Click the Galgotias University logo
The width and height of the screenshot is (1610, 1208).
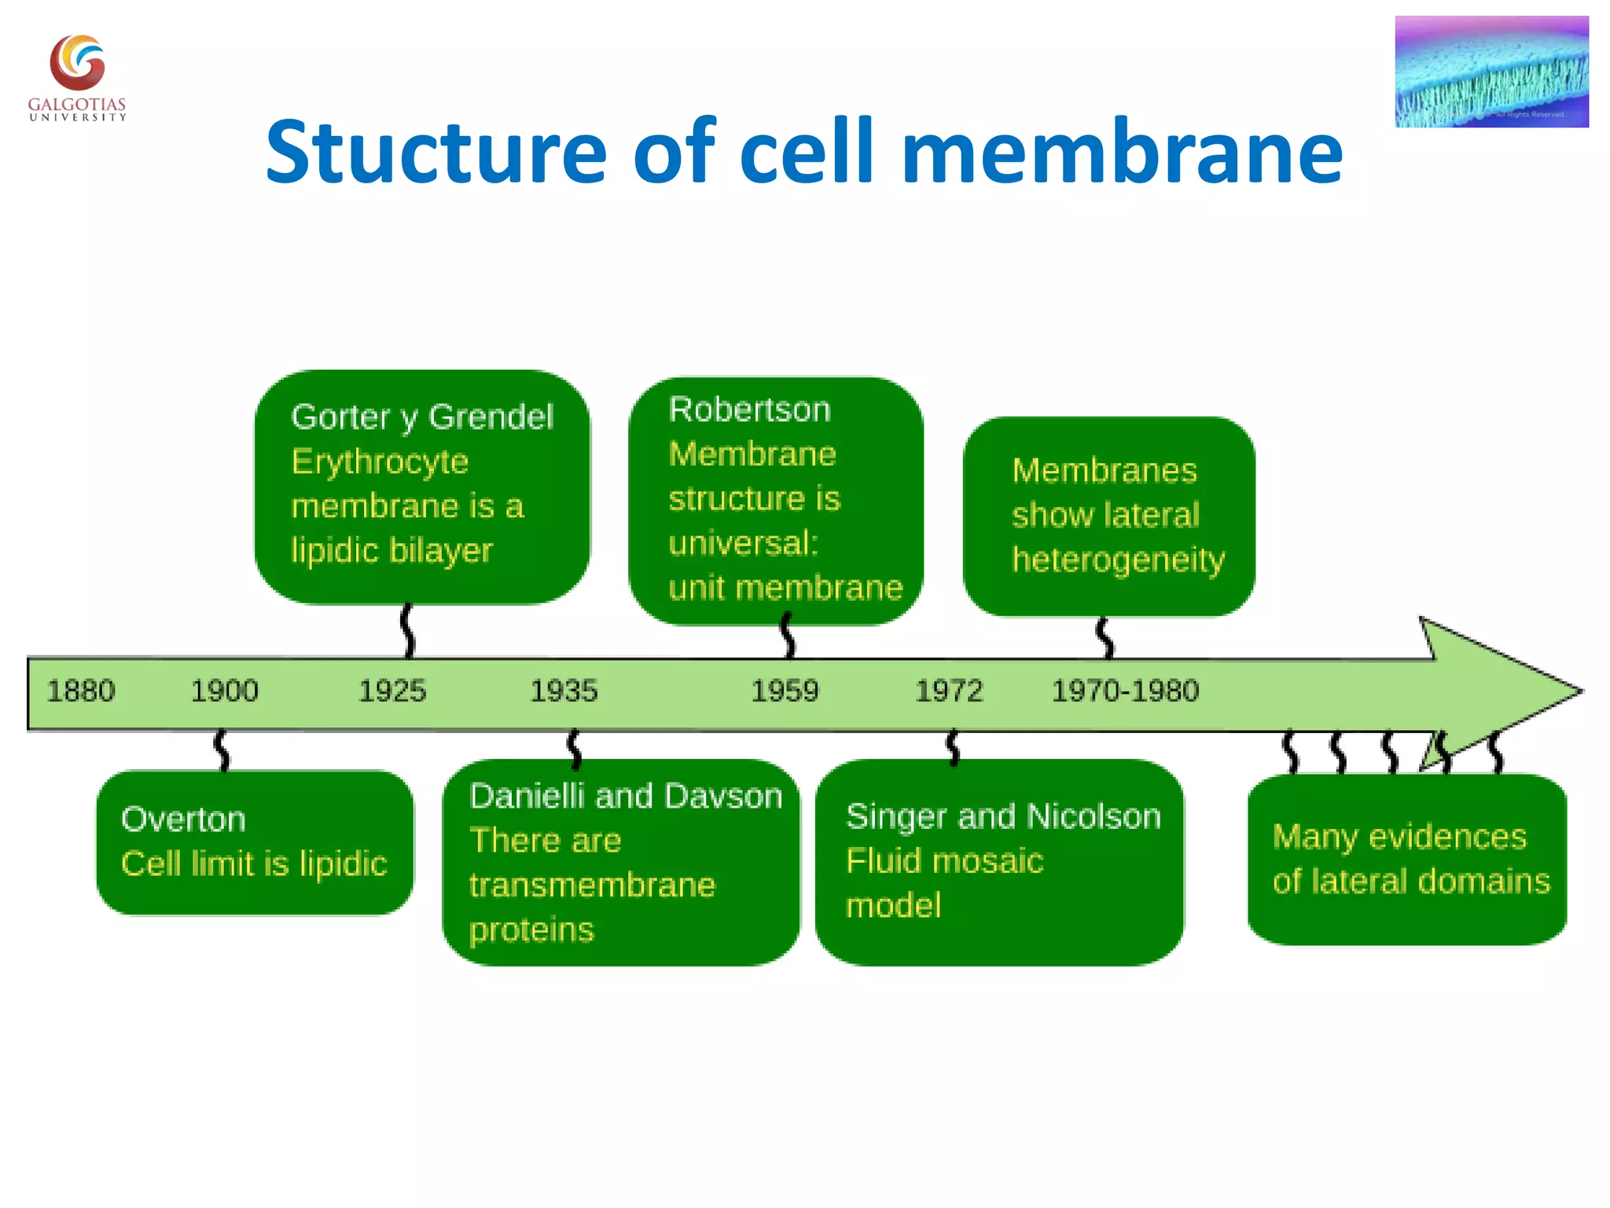coord(77,76)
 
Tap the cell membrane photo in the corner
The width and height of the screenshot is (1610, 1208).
coord(1491,72)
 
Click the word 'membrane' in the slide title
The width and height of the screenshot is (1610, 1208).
coord(1122,152)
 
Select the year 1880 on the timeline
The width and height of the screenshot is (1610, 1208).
coord(80,691)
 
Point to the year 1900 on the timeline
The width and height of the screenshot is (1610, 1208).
coord(224,691)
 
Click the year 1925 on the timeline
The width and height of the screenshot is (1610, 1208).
coord(392,691)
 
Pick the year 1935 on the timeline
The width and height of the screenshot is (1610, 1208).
coord(564,691)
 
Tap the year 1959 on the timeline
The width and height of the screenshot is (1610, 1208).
coord(785,691)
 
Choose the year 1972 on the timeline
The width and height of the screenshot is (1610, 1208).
coord(949,691)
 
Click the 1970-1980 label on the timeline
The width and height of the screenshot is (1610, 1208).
coord(1125,691)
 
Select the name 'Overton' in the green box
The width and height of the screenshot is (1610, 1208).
coord(183,819)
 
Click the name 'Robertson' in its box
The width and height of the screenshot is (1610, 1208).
coord(749,410)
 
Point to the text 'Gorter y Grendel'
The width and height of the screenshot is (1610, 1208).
coord(422,417)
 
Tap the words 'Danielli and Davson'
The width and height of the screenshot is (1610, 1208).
coord(626,797)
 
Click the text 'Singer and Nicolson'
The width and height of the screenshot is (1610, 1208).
coord(1003,817)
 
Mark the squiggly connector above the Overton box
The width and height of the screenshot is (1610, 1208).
coord(222,750)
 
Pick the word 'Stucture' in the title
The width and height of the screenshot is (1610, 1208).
coord(436,152)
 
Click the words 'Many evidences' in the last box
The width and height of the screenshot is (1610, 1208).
coord(1399,837)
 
